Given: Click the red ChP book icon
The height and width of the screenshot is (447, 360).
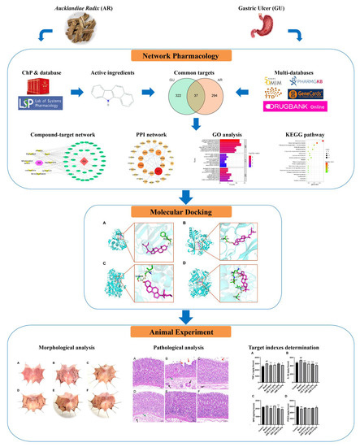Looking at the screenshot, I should point(41,98).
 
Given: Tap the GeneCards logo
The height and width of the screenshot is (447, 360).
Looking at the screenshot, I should point(313,115).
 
